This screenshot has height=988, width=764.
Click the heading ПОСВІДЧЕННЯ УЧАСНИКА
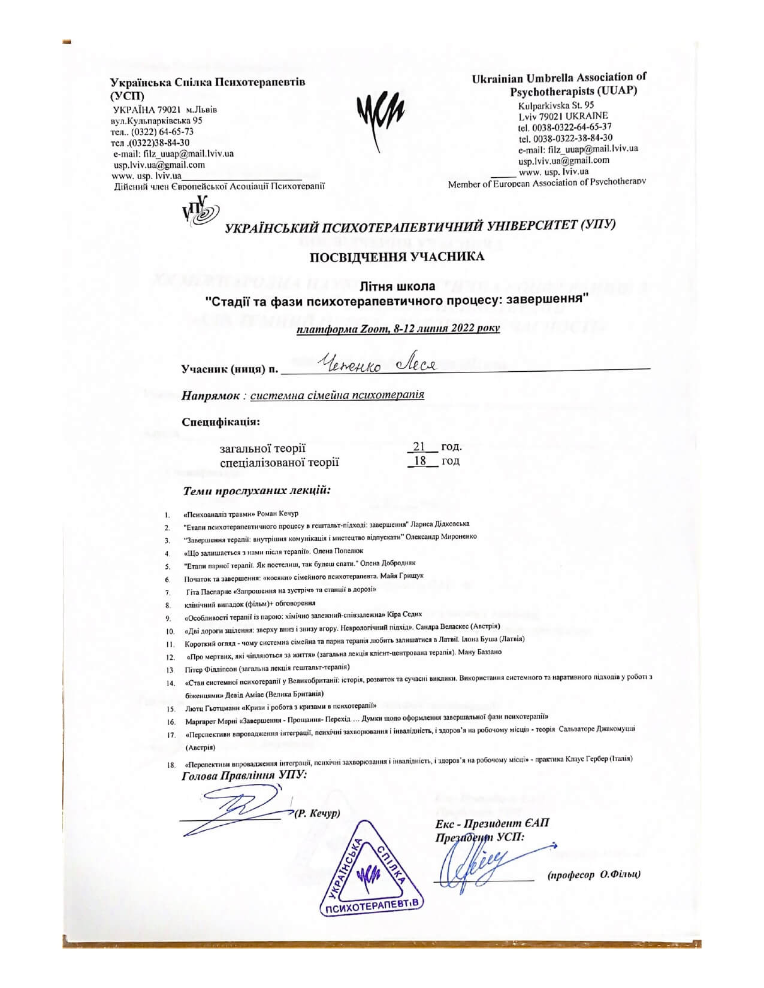coord(397,257)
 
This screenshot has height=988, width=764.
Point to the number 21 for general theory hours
coord(419,447)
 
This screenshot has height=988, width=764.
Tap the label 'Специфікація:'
coord(221,422)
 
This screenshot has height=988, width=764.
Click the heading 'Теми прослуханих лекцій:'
coord(257,491)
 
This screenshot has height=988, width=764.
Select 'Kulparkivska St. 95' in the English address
coord(556,105)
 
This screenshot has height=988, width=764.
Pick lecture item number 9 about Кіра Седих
coord(303,614)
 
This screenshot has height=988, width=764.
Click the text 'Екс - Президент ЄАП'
coord(491,823)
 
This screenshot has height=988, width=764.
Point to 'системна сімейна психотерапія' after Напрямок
coord(337,395)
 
